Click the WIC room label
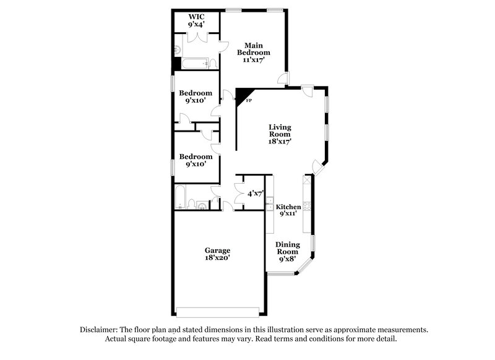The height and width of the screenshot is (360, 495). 197,17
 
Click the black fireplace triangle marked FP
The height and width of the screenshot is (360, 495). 241,95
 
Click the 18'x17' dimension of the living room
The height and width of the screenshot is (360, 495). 279,141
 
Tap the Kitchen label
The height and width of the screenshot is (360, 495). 288,207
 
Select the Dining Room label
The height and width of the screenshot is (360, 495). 287,247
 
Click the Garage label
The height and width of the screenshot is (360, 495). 217,251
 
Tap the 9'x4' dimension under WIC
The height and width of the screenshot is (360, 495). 197,25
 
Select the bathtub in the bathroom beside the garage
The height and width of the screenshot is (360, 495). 180,197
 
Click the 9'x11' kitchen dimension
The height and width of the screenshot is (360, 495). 288,214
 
